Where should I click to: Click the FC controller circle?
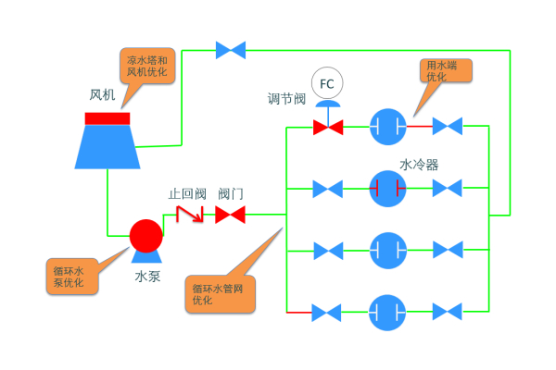(326, 84)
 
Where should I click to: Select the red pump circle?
(145, 235)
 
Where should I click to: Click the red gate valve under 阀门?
(230, 215)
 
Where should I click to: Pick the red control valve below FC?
(326, 126)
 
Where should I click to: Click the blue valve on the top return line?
(230, 49)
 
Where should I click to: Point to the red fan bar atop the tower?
(107, 117)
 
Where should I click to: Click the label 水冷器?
(419, 165)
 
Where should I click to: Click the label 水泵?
(147, 275)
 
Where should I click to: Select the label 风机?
(101, 95)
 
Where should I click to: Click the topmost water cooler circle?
(387, 126)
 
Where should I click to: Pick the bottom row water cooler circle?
(387, 312)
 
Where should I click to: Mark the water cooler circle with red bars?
(387, 189)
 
